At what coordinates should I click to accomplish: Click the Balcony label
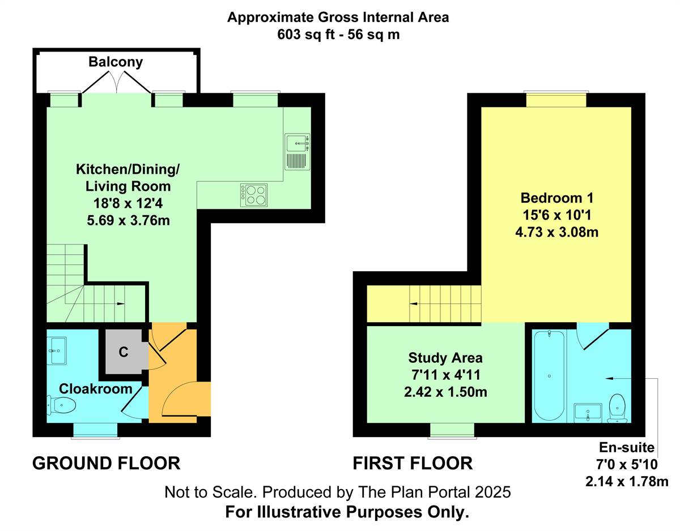[x=116, y=62]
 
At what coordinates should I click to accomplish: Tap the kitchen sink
[x=297, y=152]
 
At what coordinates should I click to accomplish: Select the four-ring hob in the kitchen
[x=254, y=195]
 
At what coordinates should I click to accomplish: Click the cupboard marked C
[x=124, y=352]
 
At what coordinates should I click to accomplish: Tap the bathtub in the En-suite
[x=549, y=376]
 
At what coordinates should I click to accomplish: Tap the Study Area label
[x=445, y=358]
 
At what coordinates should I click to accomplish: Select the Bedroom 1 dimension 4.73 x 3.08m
[x=556, y=232]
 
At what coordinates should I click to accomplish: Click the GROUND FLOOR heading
[x=107, y=464]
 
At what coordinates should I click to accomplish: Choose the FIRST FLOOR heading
[x=413, y=464]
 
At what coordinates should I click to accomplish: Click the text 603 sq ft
[x=304, y=35]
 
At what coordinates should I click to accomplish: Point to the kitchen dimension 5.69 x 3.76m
[x=128, y=221]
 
